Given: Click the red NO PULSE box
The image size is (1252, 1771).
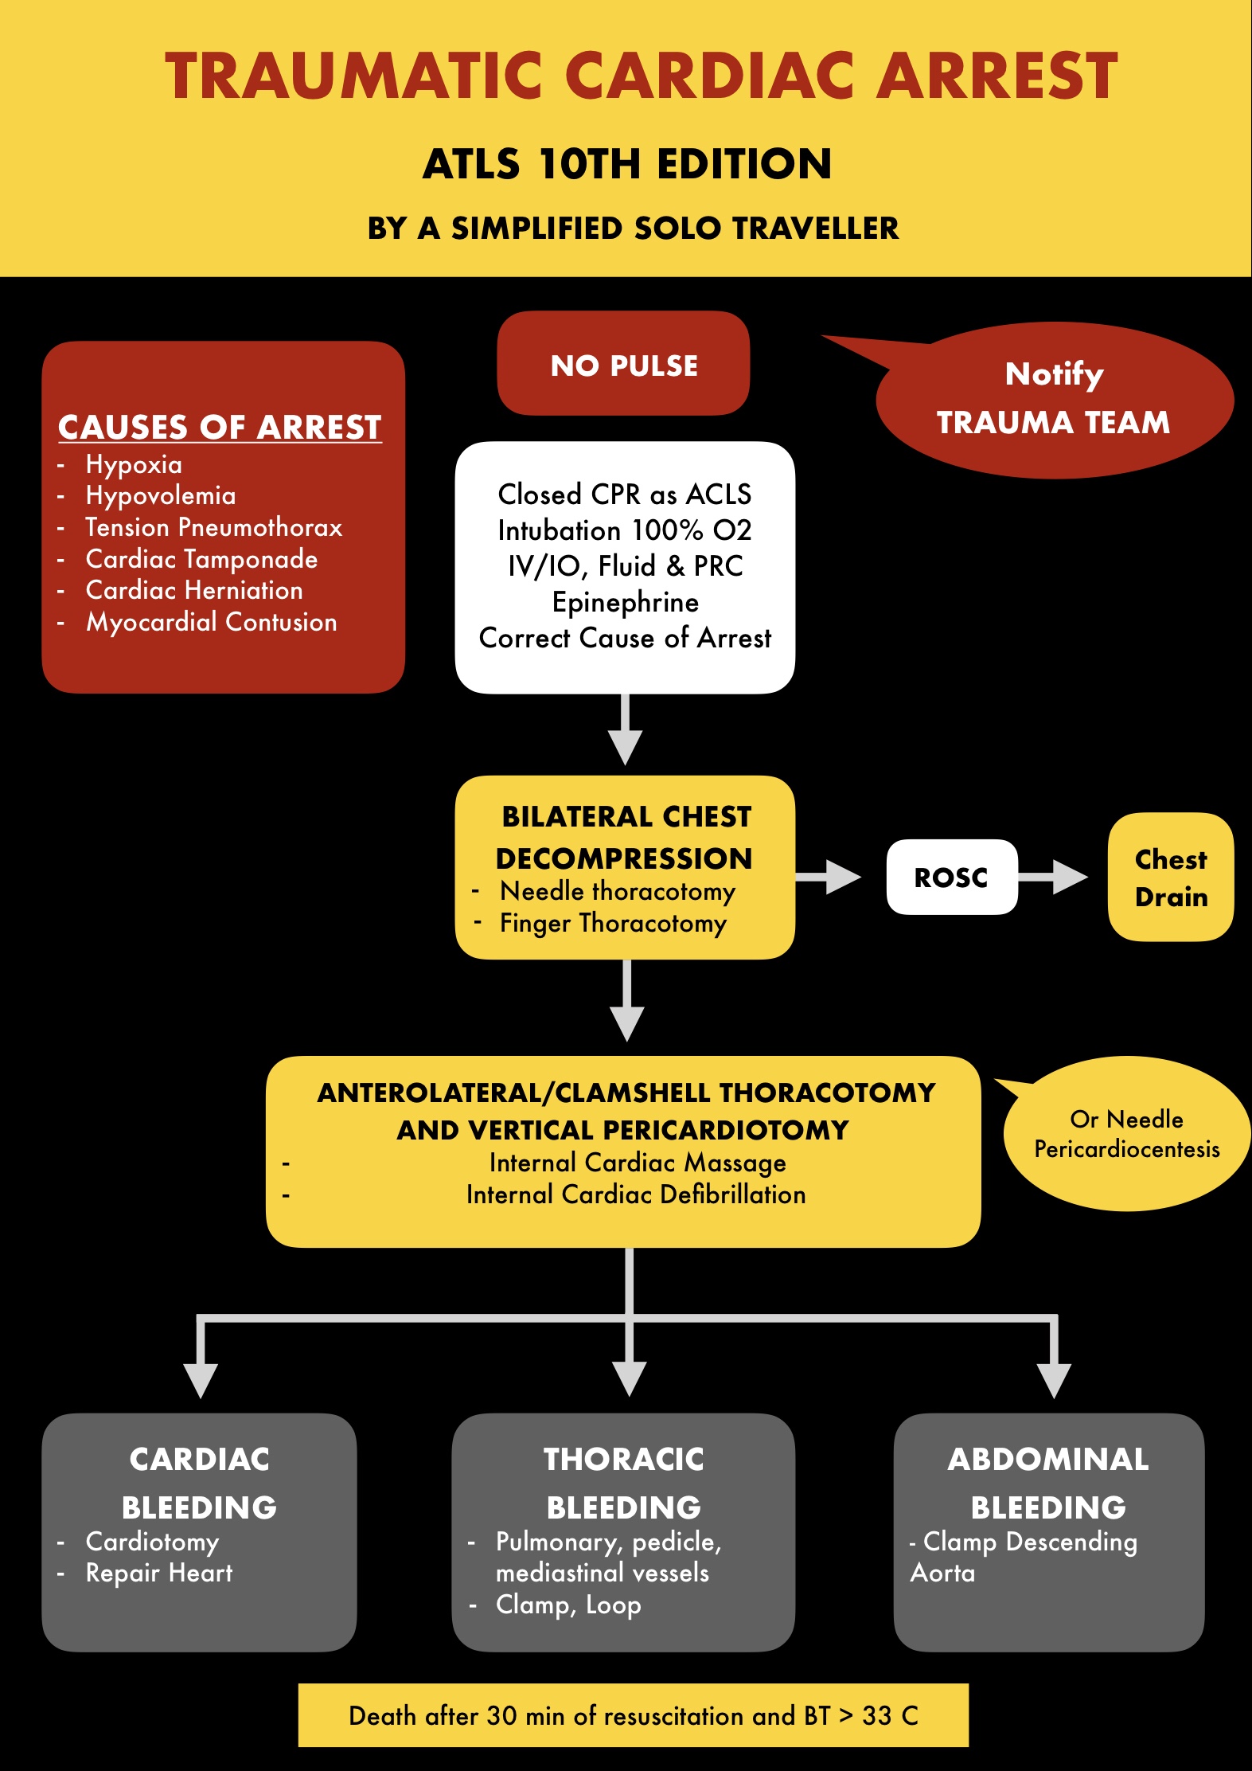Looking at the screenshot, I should click(x=623, y=364).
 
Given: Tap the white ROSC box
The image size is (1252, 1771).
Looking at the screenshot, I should click(x=951, y=877).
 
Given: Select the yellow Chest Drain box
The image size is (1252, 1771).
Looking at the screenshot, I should click(x=1170, y=877).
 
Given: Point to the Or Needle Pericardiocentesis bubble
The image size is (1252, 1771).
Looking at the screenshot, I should click(x=1126, y=1134).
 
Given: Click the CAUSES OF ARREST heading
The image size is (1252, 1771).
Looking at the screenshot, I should click(x=220, y=428).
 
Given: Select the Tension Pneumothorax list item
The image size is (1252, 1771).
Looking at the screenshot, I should click(x=213, y=527).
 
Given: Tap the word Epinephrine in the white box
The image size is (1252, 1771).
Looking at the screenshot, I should click(x=626, y=602).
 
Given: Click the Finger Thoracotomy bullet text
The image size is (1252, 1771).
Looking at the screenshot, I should click(x=613, y=923).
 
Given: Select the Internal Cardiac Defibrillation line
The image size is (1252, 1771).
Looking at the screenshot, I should click(x=636, y=1194).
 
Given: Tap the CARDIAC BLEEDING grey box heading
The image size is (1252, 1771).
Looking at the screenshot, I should click(x=199, y=1483).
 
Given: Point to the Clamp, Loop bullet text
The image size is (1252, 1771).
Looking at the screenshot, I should click(x=568, y=1605).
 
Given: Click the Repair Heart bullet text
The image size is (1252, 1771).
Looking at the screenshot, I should click(x=159, y=1573).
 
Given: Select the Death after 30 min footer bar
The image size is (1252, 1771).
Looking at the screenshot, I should click(x=633, y=1715).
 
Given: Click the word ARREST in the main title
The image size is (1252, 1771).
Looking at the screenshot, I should click(x=997, y=76).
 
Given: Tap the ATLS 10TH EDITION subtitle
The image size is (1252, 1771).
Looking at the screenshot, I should click(x=626, y=164).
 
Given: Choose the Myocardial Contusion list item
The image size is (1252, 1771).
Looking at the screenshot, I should click(x=211, y=622).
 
